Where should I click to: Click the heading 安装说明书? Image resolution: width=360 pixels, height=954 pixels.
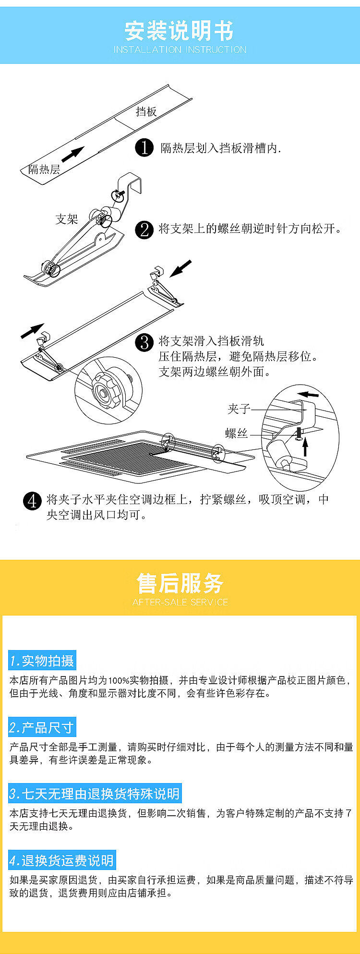click(x=180, y=31)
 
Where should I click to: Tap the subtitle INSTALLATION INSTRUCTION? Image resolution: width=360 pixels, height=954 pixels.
click(x=180, y=49)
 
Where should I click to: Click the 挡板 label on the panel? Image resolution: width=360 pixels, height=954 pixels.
click(x=146, y=111)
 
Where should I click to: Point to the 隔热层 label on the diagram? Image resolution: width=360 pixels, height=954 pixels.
click(x=44, y=169)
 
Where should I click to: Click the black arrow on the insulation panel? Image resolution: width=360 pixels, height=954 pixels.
click(x=73, y=154)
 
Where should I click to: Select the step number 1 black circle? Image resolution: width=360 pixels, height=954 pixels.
click(x=144, y=147)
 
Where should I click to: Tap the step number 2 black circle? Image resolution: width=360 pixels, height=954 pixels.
click(x=144, y=229)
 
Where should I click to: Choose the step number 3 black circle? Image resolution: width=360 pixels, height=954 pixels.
click(x=144, y=342)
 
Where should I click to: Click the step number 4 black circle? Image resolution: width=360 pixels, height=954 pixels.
click(x=32, y=501)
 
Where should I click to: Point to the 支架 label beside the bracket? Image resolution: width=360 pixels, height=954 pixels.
click(x=67, y=219)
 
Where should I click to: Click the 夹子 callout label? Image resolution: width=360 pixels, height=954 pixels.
click(x=239, y=409)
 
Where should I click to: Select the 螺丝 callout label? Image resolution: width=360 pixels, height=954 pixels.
click(x=237, y=433)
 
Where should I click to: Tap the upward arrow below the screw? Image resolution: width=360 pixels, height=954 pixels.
click(x=305, y=447)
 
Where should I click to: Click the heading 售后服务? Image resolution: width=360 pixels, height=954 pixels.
click(x=180, y=583)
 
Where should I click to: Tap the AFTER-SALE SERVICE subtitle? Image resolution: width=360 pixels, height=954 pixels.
click(x=180, y=602)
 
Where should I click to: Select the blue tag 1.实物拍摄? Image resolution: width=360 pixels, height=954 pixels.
click(x=42, y=661)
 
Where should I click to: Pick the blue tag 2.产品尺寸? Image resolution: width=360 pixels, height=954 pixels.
click(x=42, y=728)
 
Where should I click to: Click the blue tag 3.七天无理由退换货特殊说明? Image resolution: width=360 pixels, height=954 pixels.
click(x=95, y=794)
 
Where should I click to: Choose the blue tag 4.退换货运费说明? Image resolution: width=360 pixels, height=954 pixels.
click(x=62, y=860)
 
